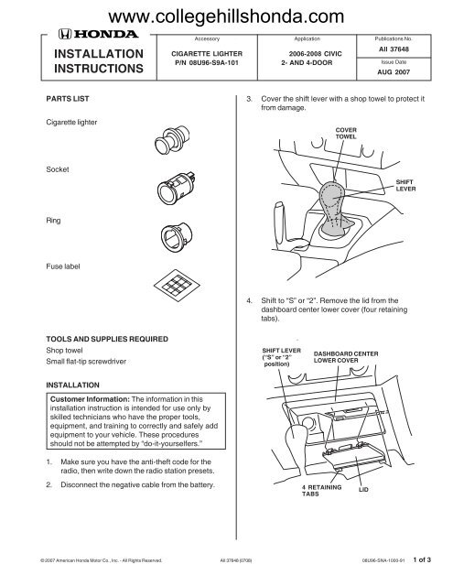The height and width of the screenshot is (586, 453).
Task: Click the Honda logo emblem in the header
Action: click(x=64, y=34)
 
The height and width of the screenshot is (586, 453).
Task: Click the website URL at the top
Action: click(x=226, y=16)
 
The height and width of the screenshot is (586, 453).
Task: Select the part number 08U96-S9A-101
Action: click(x=207, y=63)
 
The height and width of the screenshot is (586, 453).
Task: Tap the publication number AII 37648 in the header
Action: click(x=394, y=49)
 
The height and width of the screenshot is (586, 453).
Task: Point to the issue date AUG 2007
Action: click(x=394, y=71)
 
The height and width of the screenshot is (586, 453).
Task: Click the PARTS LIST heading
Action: click(x=68, y=99)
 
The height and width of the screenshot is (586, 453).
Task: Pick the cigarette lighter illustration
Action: click(x=172, y=140)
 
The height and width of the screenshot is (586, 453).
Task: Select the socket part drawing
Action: click(x=177, y=188)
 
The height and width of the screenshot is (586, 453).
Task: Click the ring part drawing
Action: click(x=177, y=238)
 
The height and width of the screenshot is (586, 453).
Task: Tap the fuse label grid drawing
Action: click(x=177, y=286)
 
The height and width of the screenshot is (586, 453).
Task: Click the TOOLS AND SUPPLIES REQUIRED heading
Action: click(x=107, y=339)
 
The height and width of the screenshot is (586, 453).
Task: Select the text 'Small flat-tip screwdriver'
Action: click(x=86, y=362)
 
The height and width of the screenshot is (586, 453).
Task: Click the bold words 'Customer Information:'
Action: click(x=90, y=399)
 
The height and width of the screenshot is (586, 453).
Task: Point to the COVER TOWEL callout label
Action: click(x=346, y=134)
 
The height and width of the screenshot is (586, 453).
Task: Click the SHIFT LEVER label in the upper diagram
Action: click(x=405, y=185)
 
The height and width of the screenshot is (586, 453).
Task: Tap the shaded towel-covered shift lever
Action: click(x=333, y=209)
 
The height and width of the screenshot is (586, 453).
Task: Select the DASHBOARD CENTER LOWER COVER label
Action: click(x=346, y=357)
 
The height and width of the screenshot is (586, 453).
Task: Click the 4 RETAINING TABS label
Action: click(x=321, y=491)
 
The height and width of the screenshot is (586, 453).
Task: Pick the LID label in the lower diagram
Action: click(x=363, y=489)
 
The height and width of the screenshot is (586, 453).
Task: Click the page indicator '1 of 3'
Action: click(x=422, y=559)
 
